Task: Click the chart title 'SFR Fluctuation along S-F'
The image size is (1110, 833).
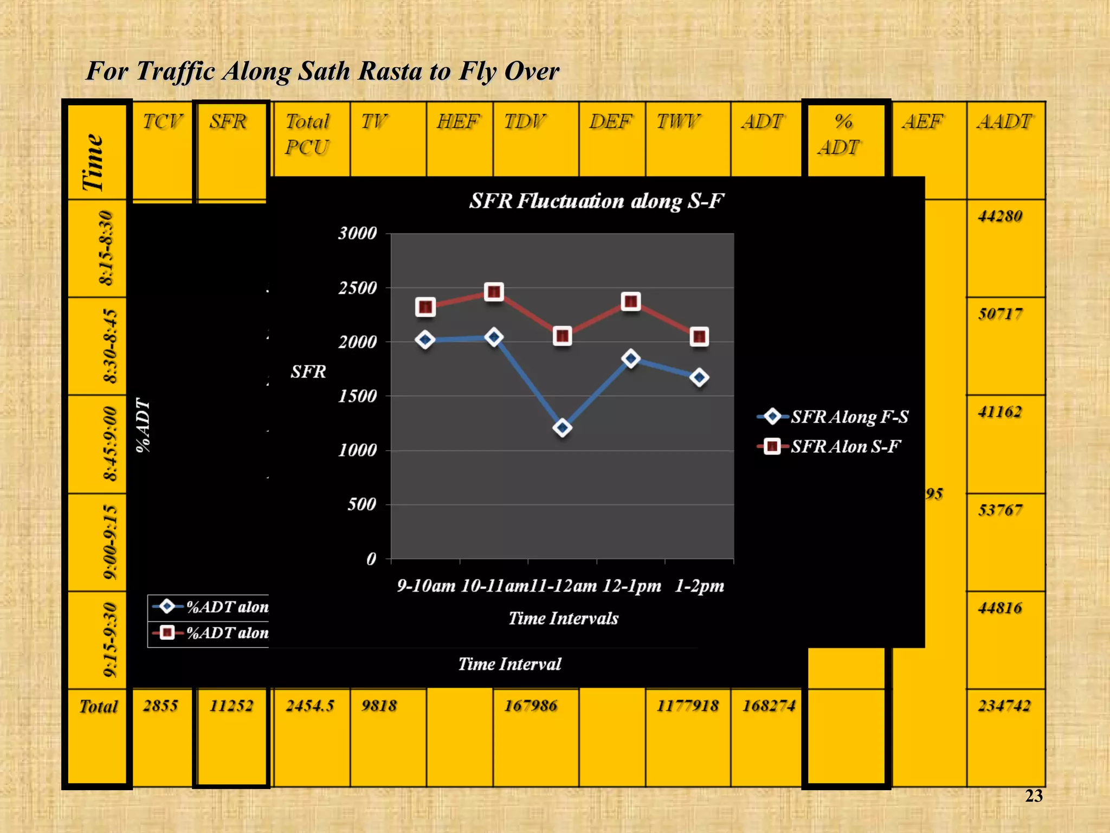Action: point(596,201)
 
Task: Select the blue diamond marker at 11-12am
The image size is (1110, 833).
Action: point(562,428)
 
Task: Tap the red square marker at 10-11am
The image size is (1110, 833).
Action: point(494,292)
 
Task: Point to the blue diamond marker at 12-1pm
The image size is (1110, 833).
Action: point(631,358)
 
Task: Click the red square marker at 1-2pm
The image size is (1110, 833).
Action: point(699,337)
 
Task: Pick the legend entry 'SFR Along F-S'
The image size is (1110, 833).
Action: point(849,416)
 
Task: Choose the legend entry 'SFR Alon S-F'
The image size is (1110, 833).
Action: point(845,446)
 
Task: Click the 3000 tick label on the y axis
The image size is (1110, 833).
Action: point(357,234)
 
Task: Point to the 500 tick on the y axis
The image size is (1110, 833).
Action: point(362,504)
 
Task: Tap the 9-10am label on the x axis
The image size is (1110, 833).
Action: point(426,586)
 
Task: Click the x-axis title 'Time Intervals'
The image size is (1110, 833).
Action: point(563,618)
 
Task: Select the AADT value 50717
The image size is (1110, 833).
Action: point(1000,314)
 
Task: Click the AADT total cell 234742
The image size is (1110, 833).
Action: point(1004,706)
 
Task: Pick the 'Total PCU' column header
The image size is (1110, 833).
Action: point(307,134)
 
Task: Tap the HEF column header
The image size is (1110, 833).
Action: point(458,121)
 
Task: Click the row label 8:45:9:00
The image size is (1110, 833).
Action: point(109,444)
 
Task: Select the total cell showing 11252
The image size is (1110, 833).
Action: point(231,706)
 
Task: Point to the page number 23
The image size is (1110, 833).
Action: point(1034,796)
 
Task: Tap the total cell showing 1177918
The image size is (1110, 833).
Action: point(687,706)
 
